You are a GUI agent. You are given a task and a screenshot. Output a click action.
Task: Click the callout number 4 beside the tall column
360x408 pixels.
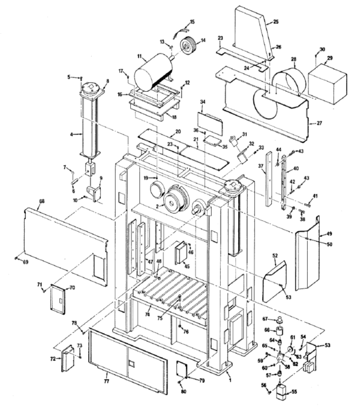pos(71,134)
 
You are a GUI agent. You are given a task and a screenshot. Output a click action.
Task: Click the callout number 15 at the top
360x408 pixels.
pos(192,22)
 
